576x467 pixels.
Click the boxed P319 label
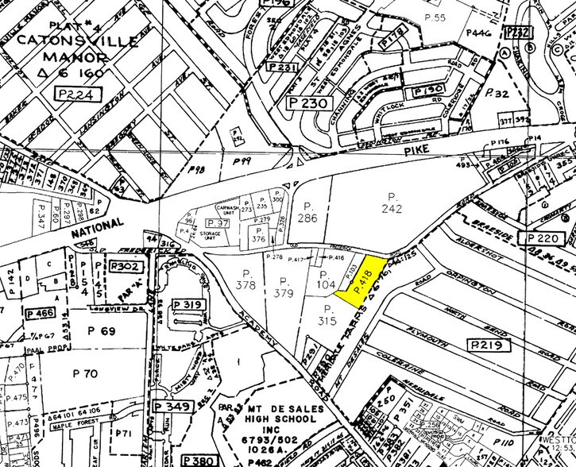pyautogui.click(x=187, y=303)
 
